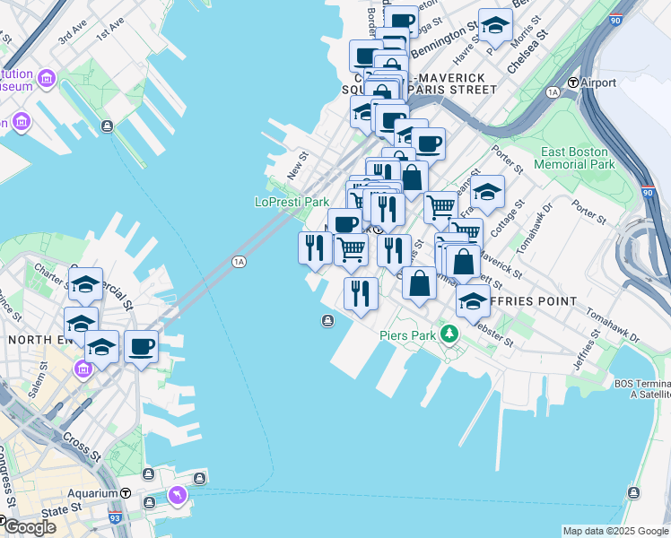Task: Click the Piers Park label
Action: [407, 335]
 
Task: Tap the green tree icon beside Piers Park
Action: [449, 334]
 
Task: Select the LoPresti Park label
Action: [292, 203]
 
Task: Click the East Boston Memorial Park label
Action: [574, 158]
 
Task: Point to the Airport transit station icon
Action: [572, 82]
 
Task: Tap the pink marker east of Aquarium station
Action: [178, 494]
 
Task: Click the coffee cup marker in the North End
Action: [141, 345]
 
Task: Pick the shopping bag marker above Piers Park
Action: [420, 283]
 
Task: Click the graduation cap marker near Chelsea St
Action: [493, 27]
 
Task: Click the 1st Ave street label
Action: [110, 31]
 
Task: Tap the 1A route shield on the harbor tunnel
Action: [238, 262]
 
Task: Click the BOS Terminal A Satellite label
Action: [642, 388]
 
